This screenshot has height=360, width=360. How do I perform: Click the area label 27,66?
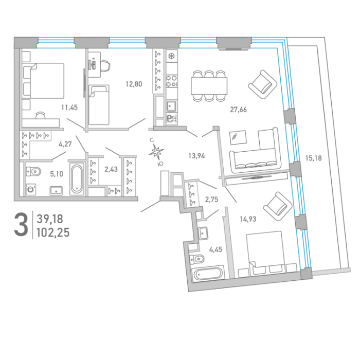pos(238,110)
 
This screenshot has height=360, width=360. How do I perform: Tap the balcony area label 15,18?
pos(313,158)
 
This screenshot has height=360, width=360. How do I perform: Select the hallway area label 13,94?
pos(196,156)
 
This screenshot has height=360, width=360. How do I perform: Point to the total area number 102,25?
pos(53,233)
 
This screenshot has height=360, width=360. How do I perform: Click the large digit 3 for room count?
pos(21,224)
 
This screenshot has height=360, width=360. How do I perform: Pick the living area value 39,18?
pos(50,219)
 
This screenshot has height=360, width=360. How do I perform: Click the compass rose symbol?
pos(156,152)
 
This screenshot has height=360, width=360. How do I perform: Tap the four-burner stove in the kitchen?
pos(172,81)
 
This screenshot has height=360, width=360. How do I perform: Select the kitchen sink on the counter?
pos(171,106)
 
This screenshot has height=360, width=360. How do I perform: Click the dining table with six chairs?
pos(209,86)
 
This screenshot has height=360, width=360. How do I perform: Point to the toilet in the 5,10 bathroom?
pos(33,171)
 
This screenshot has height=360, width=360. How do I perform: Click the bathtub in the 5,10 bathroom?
pos(77,179)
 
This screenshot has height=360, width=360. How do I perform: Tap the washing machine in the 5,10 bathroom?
pos(31,189)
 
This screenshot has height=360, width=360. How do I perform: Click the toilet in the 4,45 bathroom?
pos(197,259)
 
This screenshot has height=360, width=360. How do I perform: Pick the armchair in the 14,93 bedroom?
pos(278,206)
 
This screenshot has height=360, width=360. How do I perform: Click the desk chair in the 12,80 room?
pos(105,66)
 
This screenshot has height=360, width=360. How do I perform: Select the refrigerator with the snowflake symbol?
pos(172,56)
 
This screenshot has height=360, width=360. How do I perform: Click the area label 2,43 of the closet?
pos(111,169)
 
